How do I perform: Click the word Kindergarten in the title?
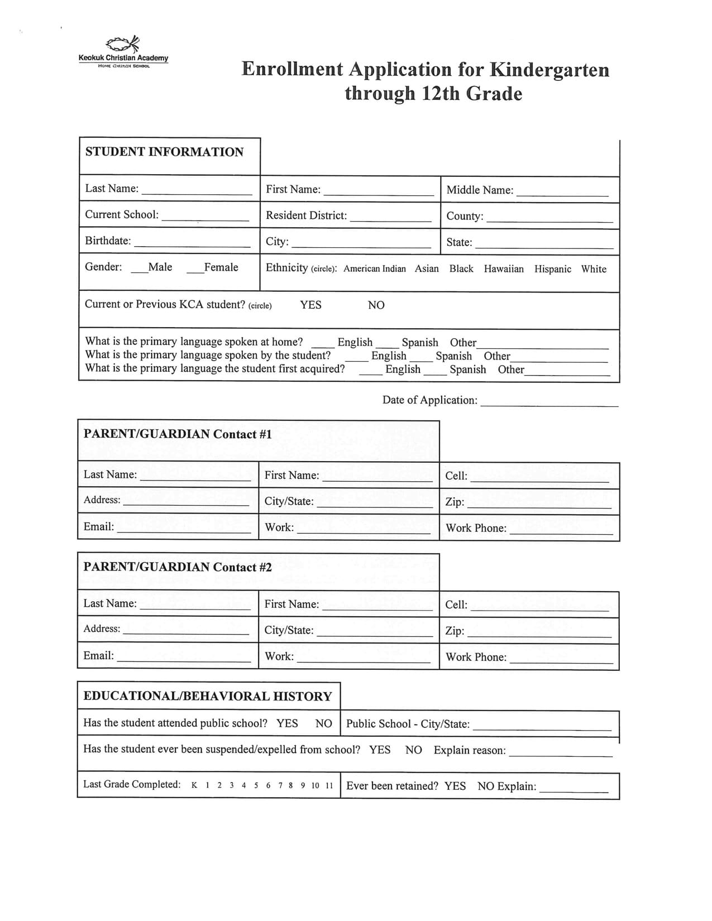[549, 69]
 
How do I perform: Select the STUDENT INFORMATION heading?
[164, 152]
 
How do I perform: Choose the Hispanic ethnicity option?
[552, 269]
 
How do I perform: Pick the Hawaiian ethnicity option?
[504, 269]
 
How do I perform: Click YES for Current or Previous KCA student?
[310, 305]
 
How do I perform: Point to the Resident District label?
[306, 215]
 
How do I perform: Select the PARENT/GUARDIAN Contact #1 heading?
[178, 434]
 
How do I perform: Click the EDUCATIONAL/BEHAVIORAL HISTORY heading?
[208, 696]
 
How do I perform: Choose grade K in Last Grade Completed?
[194, 785]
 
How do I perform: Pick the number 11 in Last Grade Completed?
[329, 785]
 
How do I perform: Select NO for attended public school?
[323, 723]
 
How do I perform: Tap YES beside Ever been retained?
[455, 786]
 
